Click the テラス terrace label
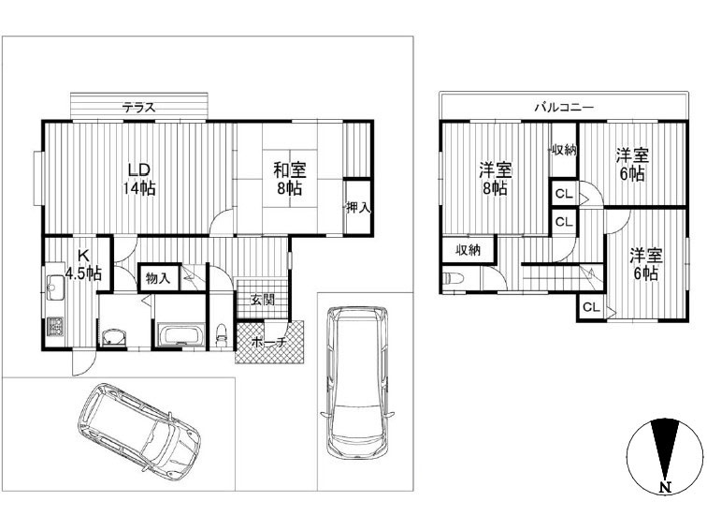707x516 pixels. pyautogui.click(x=138, y=108)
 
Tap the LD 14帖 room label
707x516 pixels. pyautogui.click(x=139, y=179)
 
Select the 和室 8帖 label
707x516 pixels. pyautogui.click(x=290, y=179)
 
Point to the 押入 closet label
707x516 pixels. pyautogui.click(x=358, y=208)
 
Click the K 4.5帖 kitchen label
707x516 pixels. pyautogui.click(x=83, y=264)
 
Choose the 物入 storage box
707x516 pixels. pyautogui.click(x=159, y=277)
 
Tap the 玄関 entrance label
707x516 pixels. pyautogui.click(x=263, y=300)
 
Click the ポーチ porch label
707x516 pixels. pyautogui.click(x=269, y=342)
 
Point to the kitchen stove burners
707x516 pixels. pyautogui.click(x=55, y=327)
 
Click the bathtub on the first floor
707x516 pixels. pyautogui.click(x=182, y=334)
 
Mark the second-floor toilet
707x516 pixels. pyautogui.click(x=454, y=278)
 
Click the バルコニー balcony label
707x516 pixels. pyautogui.click(x=564, y=108)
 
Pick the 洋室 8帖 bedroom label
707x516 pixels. pyautogui.click(x=496, y=179)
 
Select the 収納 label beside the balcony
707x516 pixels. pyautogui.click(x=564, y=150)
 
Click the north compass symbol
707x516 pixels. pyautogui.click(x=665, y=455)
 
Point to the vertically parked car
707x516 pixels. pyautogui.click(x=357, y=382)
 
